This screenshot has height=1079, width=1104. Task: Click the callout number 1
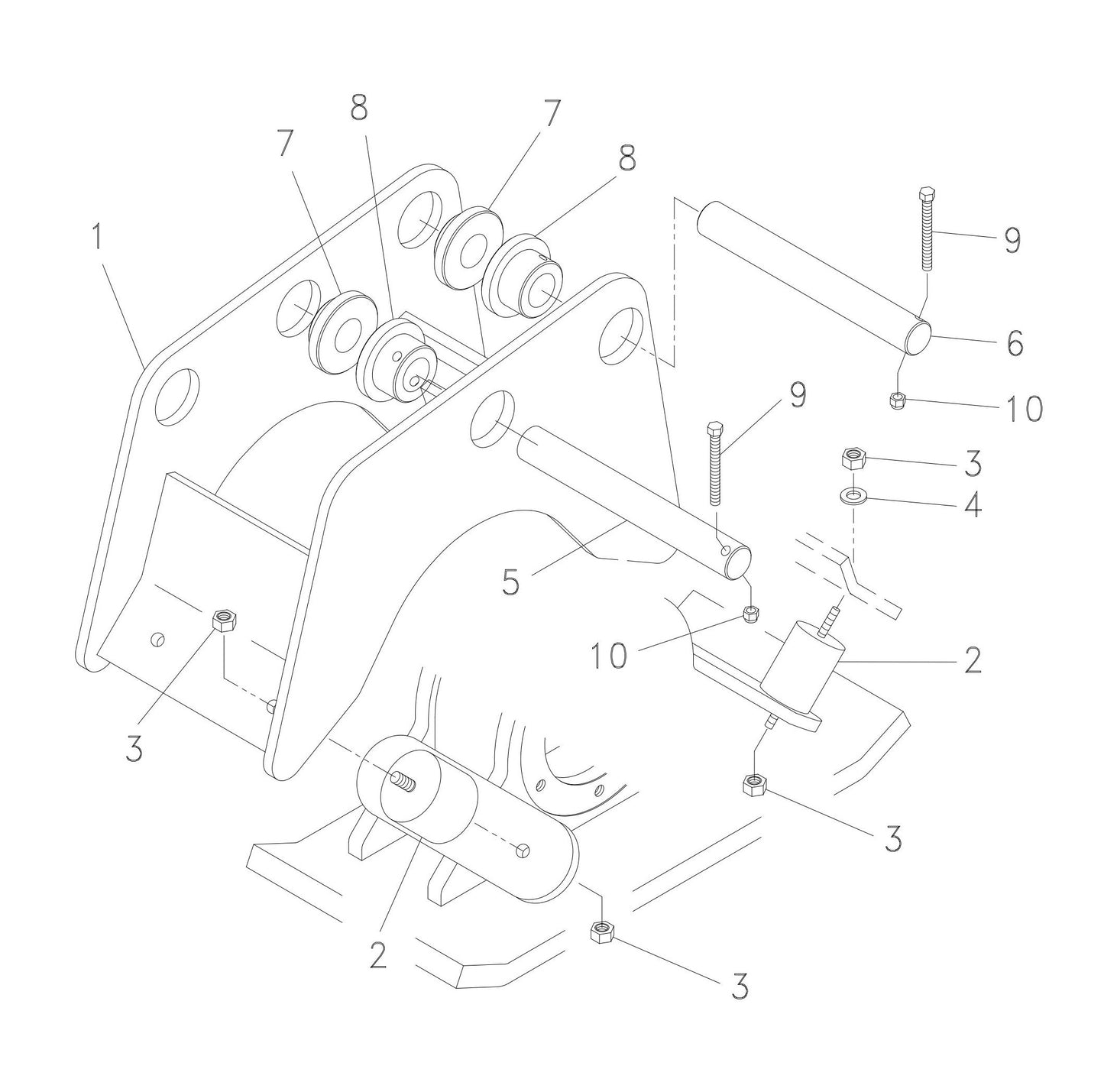pos(96,238)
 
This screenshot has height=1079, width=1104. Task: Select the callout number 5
pos(510,582)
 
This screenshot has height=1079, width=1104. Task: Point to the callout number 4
pos(972,504)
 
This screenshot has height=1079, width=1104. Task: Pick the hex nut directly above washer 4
pos(851,458)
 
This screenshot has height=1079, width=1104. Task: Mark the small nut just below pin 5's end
pos(751,613)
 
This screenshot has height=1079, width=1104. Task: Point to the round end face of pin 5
pos(738,562)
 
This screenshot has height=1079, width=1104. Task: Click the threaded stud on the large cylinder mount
pos(403,782)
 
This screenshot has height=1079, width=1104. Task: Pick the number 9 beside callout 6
pos(1012,241)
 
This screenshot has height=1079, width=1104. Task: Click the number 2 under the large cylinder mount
pos(378,955)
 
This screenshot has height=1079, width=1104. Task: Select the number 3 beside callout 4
pos(973,463)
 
